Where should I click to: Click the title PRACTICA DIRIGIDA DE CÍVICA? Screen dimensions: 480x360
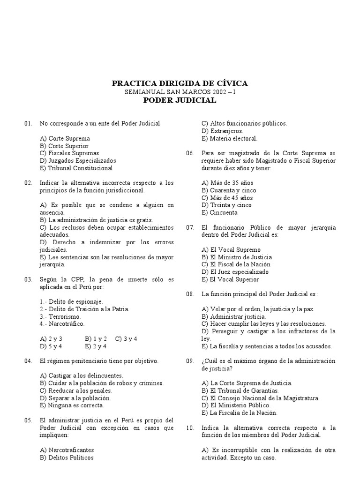click(x=180, y=83)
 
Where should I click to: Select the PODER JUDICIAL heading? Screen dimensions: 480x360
click(x=180, y=100)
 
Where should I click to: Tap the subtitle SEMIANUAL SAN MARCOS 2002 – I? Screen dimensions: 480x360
click(x=180, y=92)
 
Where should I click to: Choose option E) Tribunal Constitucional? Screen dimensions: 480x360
click(x=76, y=168)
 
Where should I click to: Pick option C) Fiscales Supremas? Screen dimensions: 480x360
click(x=69, y=153)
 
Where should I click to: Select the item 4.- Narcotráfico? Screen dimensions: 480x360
click(x=62, y=323)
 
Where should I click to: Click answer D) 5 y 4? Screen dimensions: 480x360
click(x=51, y=346)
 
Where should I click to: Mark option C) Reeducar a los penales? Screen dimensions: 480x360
click(x=76, y=390)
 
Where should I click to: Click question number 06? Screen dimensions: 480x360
click(x=190, y=153)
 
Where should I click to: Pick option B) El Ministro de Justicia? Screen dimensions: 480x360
click(x=237, y=257)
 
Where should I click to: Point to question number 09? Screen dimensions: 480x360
click(x=190, y=361)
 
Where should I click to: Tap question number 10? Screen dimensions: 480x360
click(x=190, y=427)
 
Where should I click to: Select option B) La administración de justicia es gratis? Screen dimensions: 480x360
click(x=97, y=220)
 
